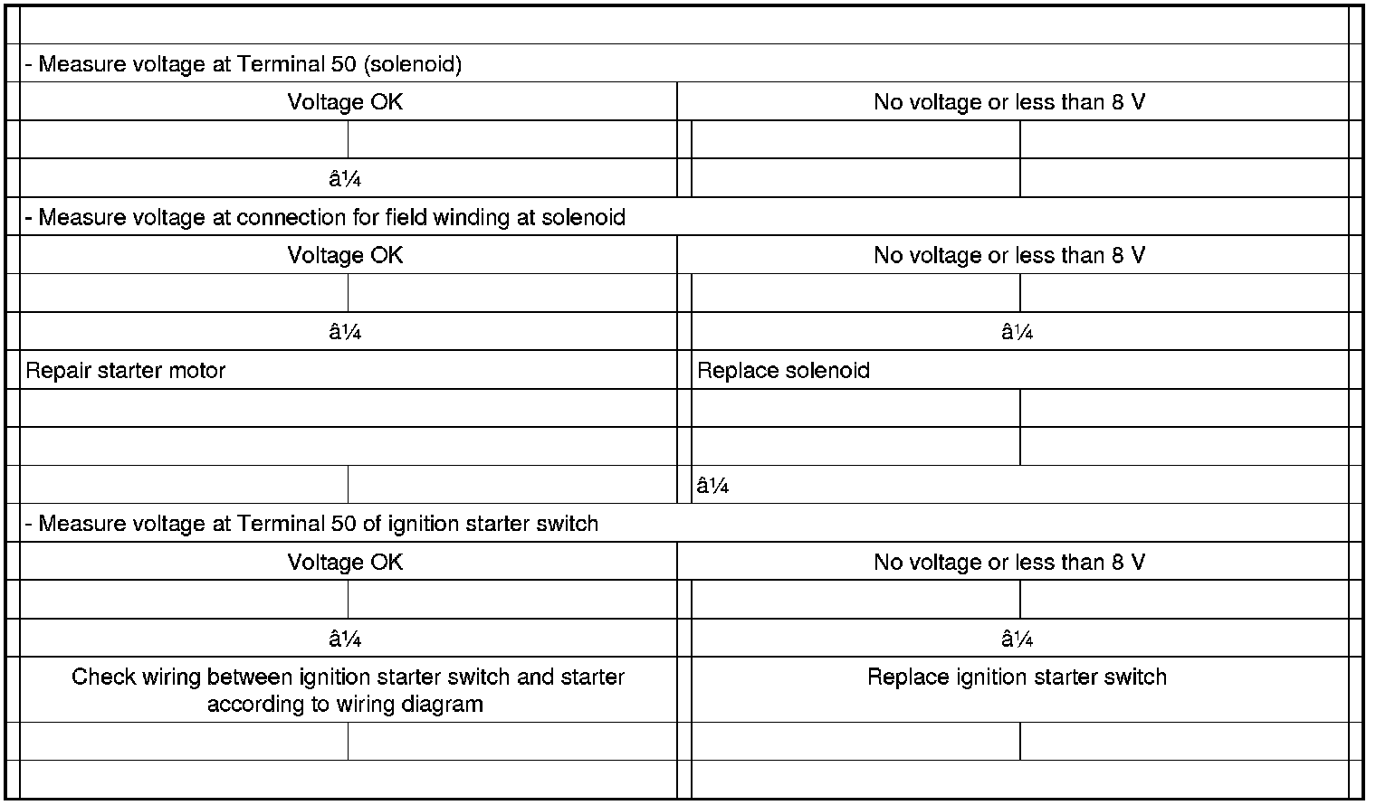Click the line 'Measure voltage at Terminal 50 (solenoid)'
(x=244, y=65)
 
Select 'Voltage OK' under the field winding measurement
(x=345, y=256)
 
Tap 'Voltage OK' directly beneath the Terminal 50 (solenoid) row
(x=345, y=102)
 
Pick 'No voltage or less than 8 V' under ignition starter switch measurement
(x=1009, y=563)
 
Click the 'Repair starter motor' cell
(x=126, y=371)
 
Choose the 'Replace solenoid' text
(x=784, y=371)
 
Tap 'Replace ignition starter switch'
(x=1017, y=677)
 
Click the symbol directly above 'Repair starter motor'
(x=345, y=333)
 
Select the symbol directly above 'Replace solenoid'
(x=1018, y=333)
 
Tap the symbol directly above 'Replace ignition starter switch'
(x=1018, y=640)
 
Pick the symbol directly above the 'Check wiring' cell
(x=345, y=640)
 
